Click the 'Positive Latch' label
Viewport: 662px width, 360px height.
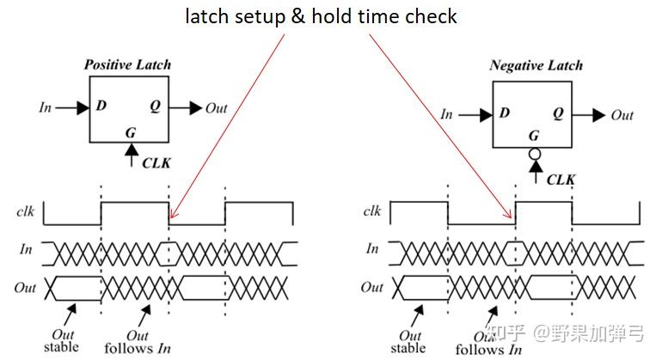pyautogui.click(x=126, y=64)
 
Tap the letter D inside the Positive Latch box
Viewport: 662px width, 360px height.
pyautogui.click(x=101, y=107)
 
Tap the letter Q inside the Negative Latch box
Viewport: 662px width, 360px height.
pyautogui.click(x=559, y=114)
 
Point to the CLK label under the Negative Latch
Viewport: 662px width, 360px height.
pyautogui.click(x=561, y=179)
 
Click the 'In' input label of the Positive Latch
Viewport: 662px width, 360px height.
pyautogui.click(x=46, y=107)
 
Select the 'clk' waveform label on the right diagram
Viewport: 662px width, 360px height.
pyautogui.click(x=372, y=211)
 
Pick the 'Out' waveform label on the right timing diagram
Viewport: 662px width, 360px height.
pyautogui.click(x=371, y=287)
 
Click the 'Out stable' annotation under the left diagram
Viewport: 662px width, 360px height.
pyautogui.click(x=61, y=340)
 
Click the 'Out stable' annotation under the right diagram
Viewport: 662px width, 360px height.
pyautogui.click(x=408, y=342)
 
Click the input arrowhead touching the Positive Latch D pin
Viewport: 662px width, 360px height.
pyautogui.click(x=82, y=107)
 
